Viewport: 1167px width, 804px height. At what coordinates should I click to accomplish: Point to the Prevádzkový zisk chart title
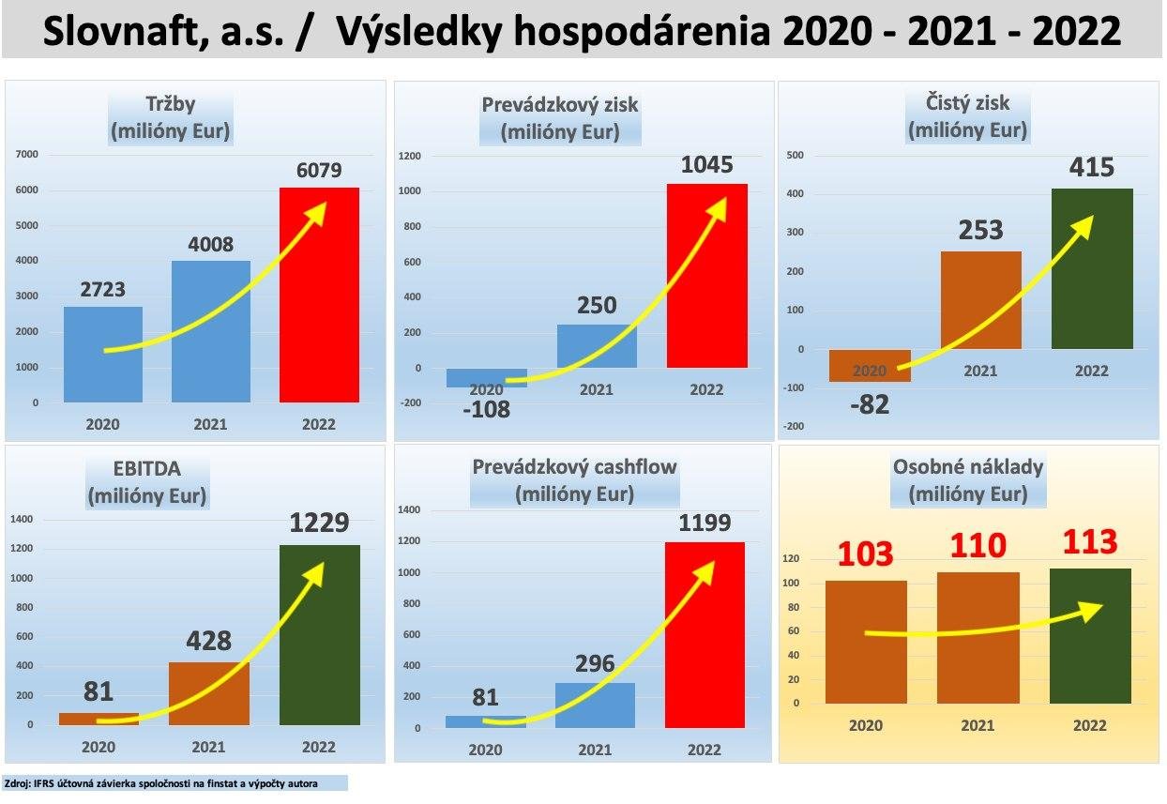coord(559,117)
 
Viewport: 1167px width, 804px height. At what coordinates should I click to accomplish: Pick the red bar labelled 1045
coord(706,281)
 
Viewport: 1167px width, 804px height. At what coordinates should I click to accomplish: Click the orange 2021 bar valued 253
coord(980,300)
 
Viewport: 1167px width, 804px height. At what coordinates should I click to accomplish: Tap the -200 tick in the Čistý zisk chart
coord(796,427)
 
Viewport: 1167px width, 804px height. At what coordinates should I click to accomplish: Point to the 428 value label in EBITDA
coord(208,641)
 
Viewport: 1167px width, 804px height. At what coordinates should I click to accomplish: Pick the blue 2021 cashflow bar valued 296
coord(596,705)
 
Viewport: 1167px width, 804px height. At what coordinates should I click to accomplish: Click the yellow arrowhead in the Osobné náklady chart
coord(1090,611)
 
